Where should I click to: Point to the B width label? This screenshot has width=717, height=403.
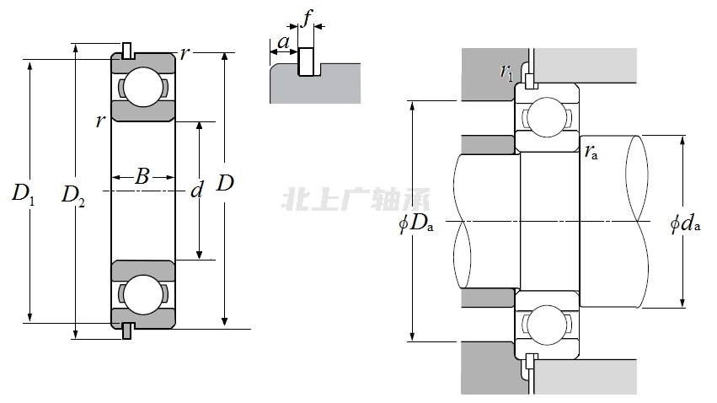[142, 177]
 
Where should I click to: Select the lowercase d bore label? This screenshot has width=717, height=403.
[197, 191]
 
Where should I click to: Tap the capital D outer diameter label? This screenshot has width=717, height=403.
[225, 182]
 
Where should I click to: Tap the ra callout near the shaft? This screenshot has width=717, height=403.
[591, 152]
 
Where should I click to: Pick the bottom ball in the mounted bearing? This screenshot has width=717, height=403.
[546, 325]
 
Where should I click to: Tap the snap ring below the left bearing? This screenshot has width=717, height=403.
[126, 330]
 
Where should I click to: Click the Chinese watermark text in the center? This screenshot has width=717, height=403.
[357, 200]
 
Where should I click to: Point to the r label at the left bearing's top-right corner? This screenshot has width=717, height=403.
[185, 55]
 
